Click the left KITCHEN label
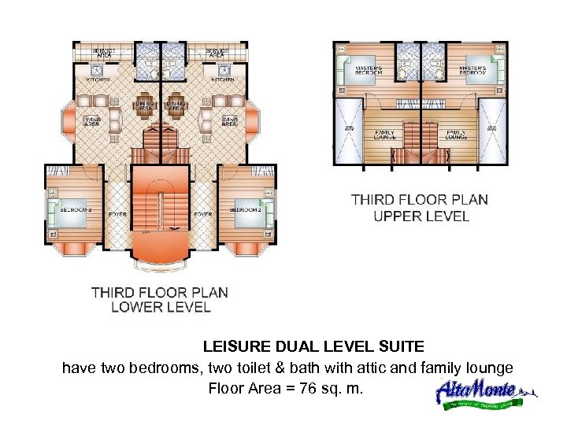click(98, 79)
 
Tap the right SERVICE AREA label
click(217, 53)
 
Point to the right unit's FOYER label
click(202, 213)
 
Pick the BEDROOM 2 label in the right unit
click(246, 210)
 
